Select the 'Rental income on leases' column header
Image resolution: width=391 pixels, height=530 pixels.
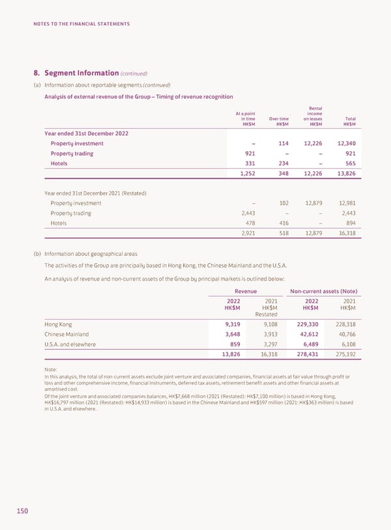tap(313, 116)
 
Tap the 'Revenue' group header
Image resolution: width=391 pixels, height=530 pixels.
tap(246, 290)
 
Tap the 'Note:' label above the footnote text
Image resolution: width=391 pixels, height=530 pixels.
tap(51, 369)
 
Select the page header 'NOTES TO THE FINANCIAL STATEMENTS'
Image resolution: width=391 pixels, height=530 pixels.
tap(82, 24)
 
